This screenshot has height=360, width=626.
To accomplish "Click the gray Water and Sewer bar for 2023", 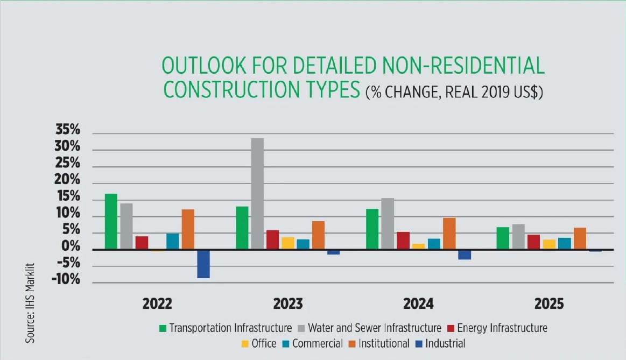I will (257, 194).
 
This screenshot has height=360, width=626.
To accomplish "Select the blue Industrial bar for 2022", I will (203, 264).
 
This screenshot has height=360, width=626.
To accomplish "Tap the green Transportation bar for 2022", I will (111, 221).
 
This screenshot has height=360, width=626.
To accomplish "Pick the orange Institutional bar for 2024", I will (449, 234).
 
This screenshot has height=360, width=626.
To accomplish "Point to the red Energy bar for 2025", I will (533, 242).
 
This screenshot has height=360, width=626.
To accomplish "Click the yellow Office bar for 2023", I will (288, 243).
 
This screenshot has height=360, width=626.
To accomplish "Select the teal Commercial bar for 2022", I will (173, 242).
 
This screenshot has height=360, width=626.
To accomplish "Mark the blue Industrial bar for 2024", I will (465, 255).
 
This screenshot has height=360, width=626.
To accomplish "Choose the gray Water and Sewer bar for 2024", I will (388, 223).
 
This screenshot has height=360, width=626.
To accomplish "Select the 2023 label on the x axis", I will (287, 304).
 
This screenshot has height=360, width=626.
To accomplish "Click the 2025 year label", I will (548, 304).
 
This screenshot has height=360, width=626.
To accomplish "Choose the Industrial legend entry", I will (445, 343).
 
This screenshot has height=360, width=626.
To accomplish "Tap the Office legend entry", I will (263, 343).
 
